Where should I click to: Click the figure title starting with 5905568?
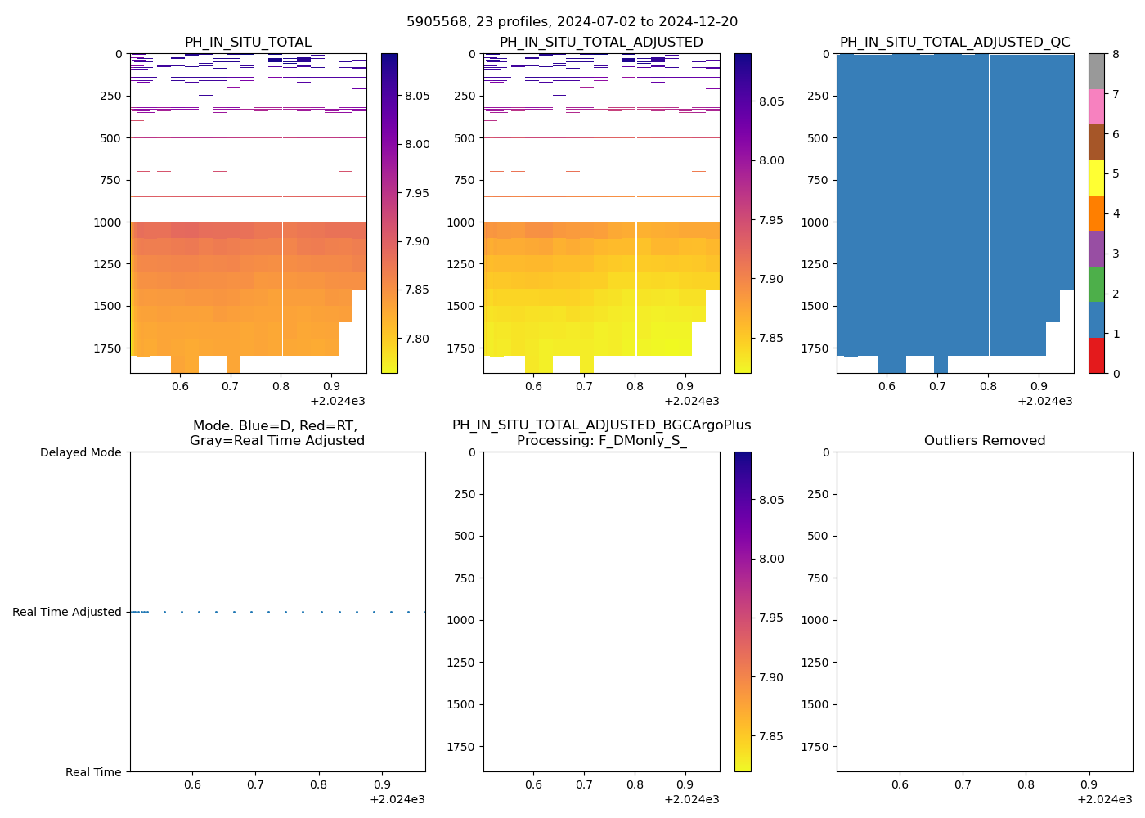point(572,22)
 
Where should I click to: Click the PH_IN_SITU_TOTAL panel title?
point(248,43)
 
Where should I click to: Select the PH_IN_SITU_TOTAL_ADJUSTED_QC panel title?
point(954,43)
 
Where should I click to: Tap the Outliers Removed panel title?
point(985,441)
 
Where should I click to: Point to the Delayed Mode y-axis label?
point(80,452)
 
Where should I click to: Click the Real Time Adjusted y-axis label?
point(66,612)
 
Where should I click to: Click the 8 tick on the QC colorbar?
point(1116,54)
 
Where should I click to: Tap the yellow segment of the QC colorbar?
point(1096,178)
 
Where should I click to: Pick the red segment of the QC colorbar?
point(1096,356)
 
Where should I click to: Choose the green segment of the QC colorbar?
point(1096,284)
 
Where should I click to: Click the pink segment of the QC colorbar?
point(1096,106)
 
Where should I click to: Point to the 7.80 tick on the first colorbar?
point(417,339)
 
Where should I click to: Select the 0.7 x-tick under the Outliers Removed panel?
point(963,784)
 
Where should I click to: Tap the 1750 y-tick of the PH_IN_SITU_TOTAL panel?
point(108,348)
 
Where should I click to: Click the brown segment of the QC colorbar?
point(1096,142)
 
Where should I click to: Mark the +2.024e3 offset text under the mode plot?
point(397,799)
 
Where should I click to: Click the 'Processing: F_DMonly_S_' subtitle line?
point(601,441)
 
